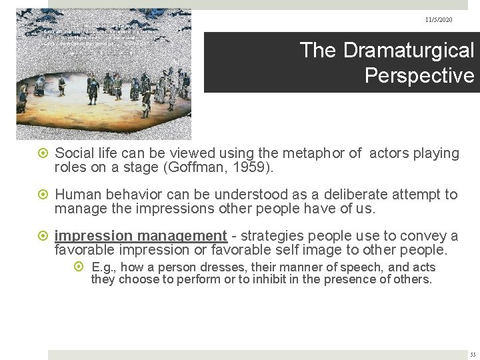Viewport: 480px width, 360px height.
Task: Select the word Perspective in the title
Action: pos(419,74)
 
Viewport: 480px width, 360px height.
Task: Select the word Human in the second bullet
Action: pos(75,195)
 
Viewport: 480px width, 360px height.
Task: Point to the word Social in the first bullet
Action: pos(74,154)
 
